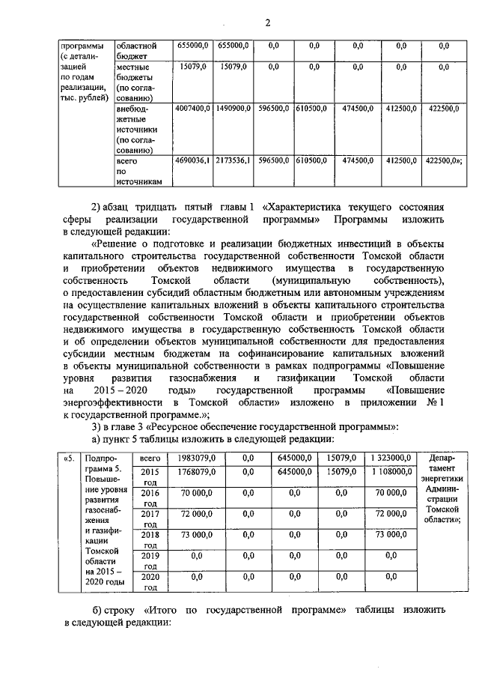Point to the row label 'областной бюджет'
coord(135,51)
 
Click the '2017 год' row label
coord(150,518)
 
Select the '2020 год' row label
coord(150,581)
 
